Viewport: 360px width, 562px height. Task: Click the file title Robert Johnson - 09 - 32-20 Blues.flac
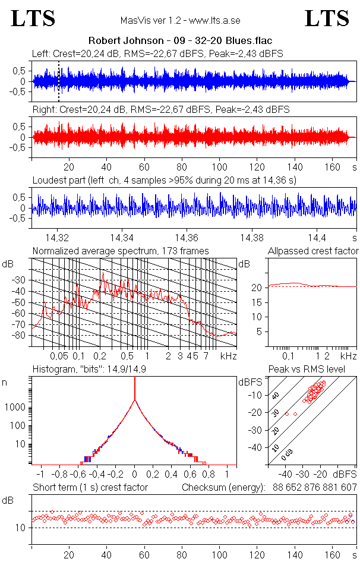[x=180, y=41]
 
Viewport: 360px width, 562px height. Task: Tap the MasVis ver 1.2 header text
[x=179, y=21]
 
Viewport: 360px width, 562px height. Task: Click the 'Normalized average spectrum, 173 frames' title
[x=121, y=251]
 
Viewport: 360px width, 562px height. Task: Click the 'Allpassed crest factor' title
[x=313, y=251]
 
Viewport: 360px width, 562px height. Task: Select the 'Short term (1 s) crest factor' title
[x=90, y=488]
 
